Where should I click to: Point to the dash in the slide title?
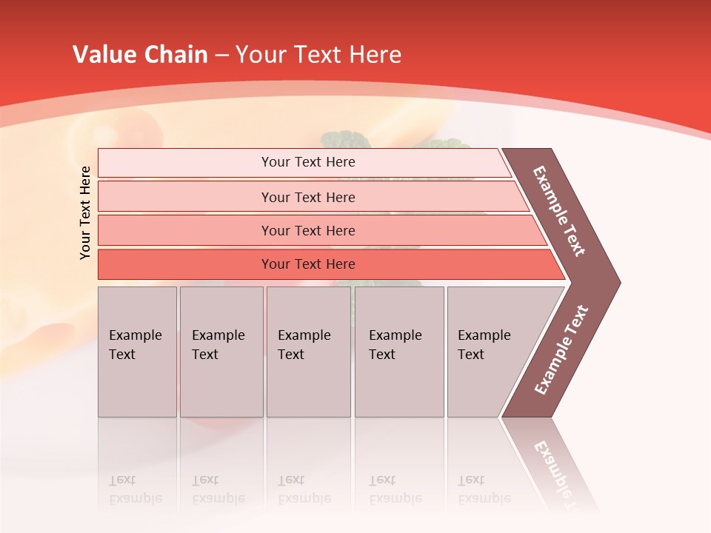tap(221, 56)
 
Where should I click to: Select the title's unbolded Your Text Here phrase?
tap(318, 55)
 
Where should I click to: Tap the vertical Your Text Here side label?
tap(85, 212)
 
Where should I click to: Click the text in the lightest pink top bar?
tap(308, 162)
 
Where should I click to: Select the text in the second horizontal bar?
tap(308, 197)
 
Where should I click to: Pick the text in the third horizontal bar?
tap(308, 231)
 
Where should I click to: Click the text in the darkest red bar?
tap(308, 264)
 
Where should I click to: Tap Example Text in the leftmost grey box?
tap(135, 345)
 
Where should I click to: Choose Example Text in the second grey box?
tap(218, 345)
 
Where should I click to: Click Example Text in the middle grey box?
tap(304, 345)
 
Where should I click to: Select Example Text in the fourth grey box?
tap(395, 345)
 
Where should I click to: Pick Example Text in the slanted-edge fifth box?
tap(484, 345)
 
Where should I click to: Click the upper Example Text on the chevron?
tap(559, 211)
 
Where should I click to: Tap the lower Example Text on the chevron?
tap(561, 349)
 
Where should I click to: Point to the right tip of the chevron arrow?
tap(618, 282)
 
